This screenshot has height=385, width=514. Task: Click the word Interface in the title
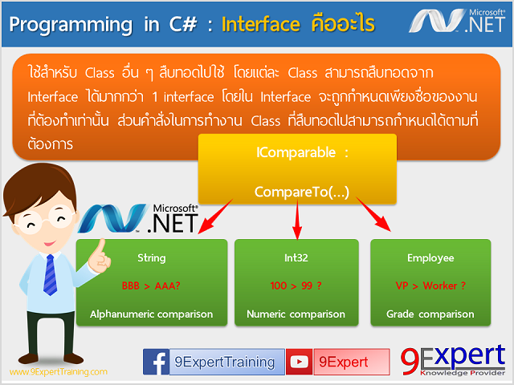260,23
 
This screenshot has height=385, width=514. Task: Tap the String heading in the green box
152,258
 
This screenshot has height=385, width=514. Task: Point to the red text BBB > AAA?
151,286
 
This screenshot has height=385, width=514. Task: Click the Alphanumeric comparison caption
152,314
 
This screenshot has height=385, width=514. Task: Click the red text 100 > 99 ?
296,286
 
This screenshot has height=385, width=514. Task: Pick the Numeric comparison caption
297,314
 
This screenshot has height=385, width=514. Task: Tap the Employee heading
430,258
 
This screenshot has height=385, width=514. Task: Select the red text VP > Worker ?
430,286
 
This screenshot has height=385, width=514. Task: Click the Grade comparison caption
430,314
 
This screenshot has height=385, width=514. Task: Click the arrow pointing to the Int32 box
298,221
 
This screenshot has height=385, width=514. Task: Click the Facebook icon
157,363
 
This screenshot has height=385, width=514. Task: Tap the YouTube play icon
300,363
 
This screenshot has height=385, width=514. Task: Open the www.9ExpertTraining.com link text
58,372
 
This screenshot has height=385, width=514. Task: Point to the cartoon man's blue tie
50,270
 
